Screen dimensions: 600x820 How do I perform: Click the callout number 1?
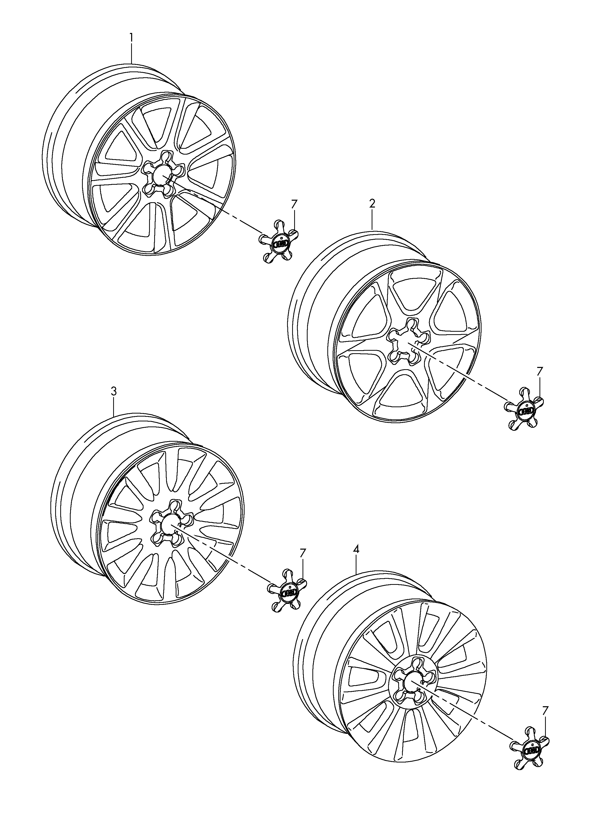coord(131,38)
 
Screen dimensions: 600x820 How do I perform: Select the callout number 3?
coord(114,392)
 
